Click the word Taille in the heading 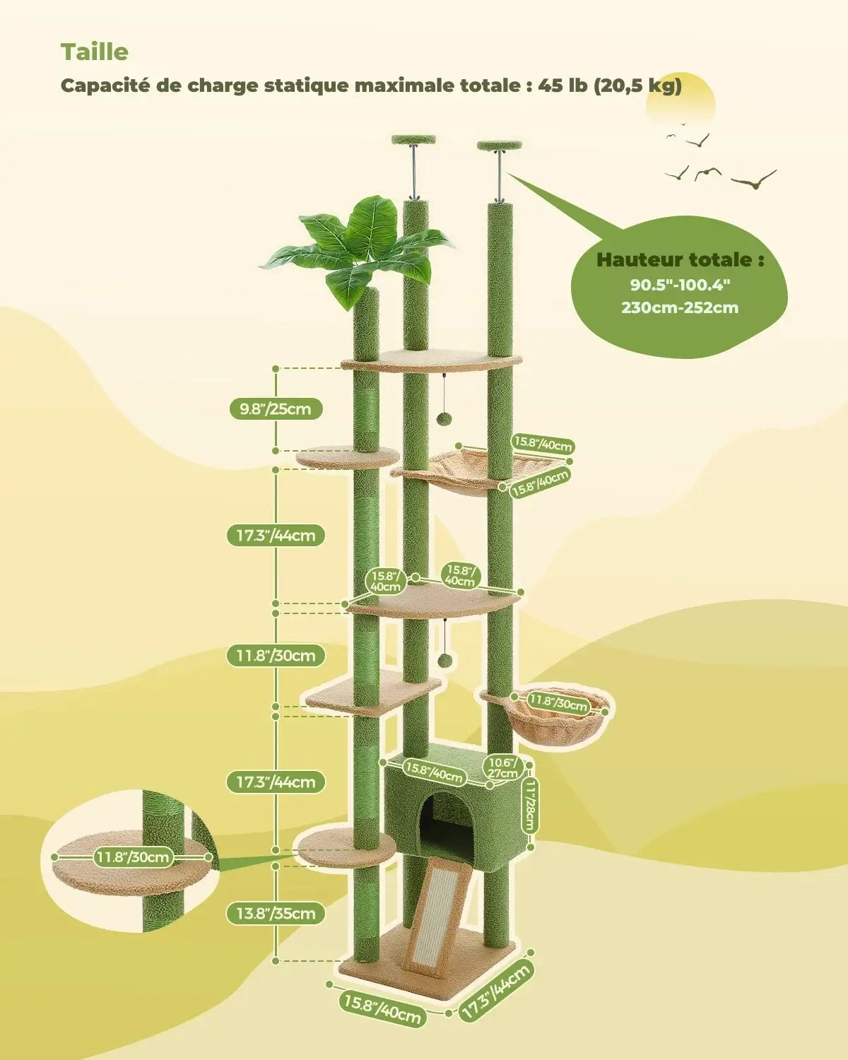click(95, 52)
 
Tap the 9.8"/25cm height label click(276, 409)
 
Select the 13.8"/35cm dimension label click(276, 913)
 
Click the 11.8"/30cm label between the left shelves click(276, 656)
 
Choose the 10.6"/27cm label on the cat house click(502, 768)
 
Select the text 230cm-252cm click(680, 308)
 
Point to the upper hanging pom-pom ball click(442, 418)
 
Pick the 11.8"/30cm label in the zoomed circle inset click(133, 857)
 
